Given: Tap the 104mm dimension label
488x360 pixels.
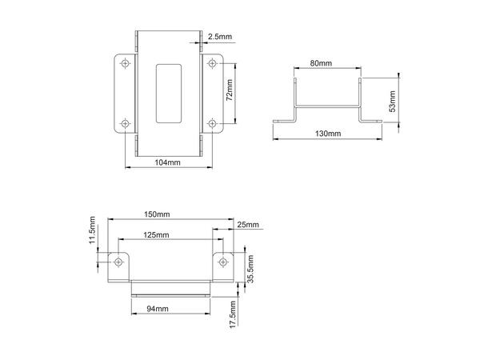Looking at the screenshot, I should click(167, 162).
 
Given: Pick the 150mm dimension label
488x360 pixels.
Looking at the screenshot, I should click(157, 214).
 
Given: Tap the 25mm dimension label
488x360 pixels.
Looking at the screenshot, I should click(249, 225).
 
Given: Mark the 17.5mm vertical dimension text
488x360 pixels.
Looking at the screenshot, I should click(232, 314).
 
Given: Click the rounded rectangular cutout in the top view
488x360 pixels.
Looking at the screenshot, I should click(168, 92).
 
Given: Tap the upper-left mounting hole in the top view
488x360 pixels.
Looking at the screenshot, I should click(124, 63).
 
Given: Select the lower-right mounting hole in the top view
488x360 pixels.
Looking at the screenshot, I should click(212, 123).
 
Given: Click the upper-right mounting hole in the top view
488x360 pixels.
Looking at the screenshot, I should click(212, 63).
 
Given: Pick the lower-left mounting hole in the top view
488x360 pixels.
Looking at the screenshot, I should click(124, 123).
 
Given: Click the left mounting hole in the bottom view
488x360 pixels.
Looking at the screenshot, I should click(118, 262).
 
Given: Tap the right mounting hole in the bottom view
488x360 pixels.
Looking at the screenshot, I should click(222, 262).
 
